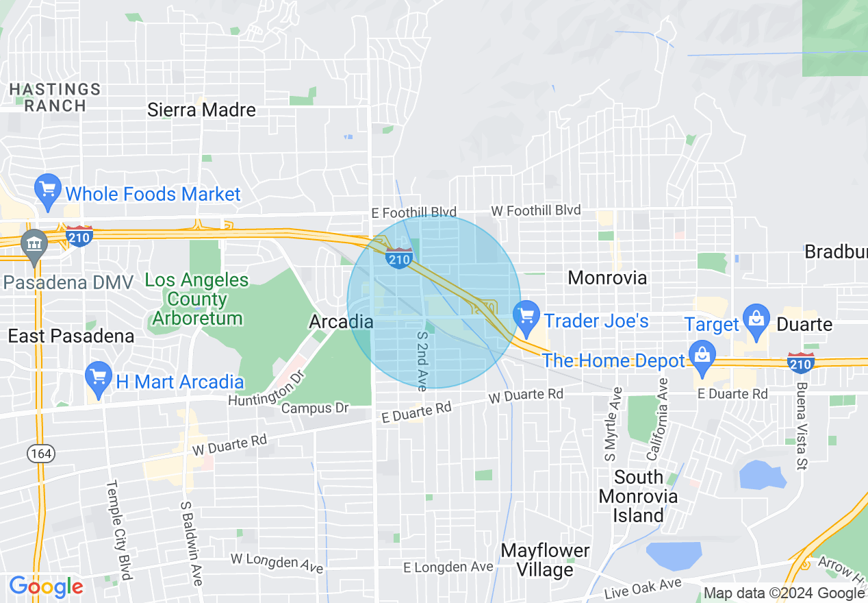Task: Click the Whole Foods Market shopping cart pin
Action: tap(48, 191)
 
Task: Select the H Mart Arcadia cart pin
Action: tap(99, 379)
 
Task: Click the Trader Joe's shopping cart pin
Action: tap(526, 317)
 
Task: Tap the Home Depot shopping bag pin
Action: tap(702, 357)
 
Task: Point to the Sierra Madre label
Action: tap(201, 110)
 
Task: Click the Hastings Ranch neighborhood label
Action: tap(55, 97)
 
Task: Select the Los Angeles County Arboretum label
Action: tap(197, 299)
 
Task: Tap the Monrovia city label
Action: tap(607, 278)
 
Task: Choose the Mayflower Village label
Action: tap(545, 560)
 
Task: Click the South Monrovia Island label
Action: tap(638, 496)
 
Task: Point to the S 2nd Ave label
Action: tap(422, 362)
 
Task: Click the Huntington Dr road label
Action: tap(266, 389)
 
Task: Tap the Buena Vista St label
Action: tap(800, 426)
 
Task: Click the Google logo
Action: tap(46, 587)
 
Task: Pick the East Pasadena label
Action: tap(71, 336)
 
